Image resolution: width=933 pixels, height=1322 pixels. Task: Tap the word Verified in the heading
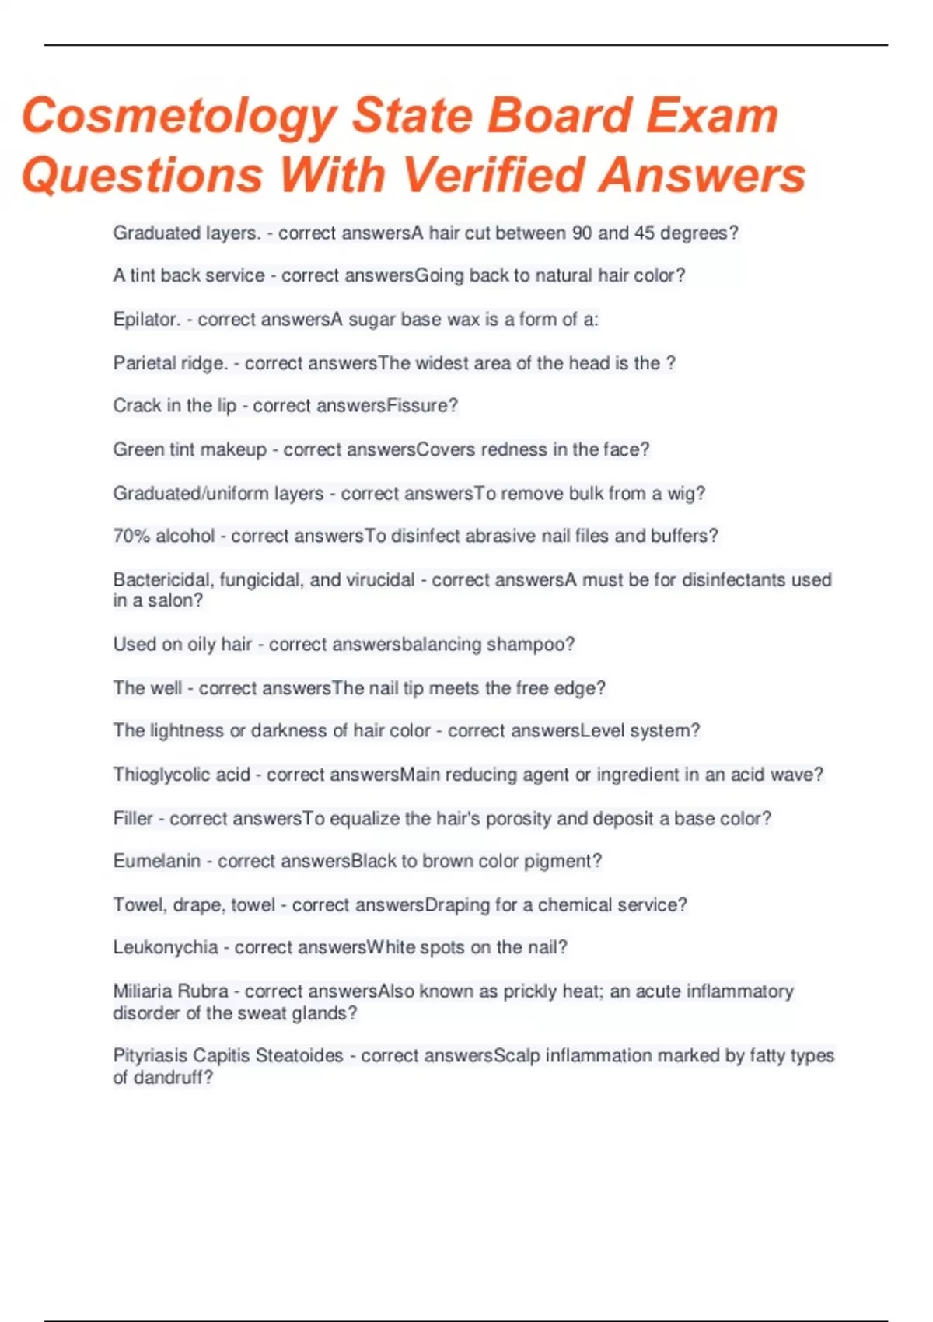(x=494, y=174)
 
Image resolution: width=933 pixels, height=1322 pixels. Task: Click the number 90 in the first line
(x=582, y=233)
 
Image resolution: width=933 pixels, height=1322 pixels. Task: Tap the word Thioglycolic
(x=162, y=775)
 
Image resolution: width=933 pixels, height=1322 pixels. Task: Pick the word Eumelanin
(x=156, y=861)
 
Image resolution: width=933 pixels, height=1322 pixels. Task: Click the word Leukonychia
(x=165, y=947)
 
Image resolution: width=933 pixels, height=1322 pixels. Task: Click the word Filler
(x=133, y=819)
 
